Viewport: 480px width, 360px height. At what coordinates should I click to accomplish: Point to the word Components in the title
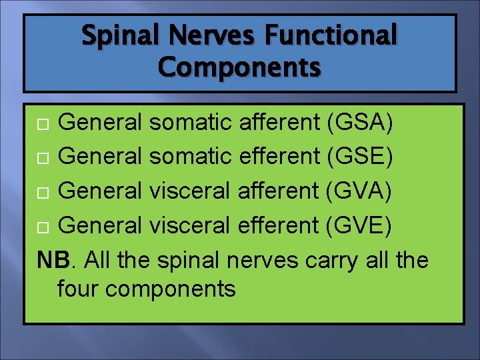240,67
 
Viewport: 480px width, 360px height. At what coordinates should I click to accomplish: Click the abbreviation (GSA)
360,123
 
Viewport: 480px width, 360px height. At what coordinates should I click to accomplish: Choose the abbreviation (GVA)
360,191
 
